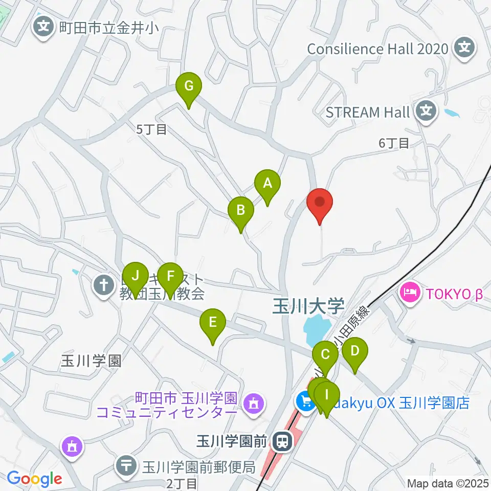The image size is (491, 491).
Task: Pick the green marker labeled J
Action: click(x=135, y=277)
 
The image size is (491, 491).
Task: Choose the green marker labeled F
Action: click(x=170, y=277)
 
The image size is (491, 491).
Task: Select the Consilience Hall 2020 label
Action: click(x=378, y=49)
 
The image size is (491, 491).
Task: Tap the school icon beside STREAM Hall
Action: click(x=426, y=109)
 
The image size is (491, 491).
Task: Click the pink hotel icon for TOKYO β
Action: click(x=411, y=294)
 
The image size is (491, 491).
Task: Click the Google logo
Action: click(x=35, y=479)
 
